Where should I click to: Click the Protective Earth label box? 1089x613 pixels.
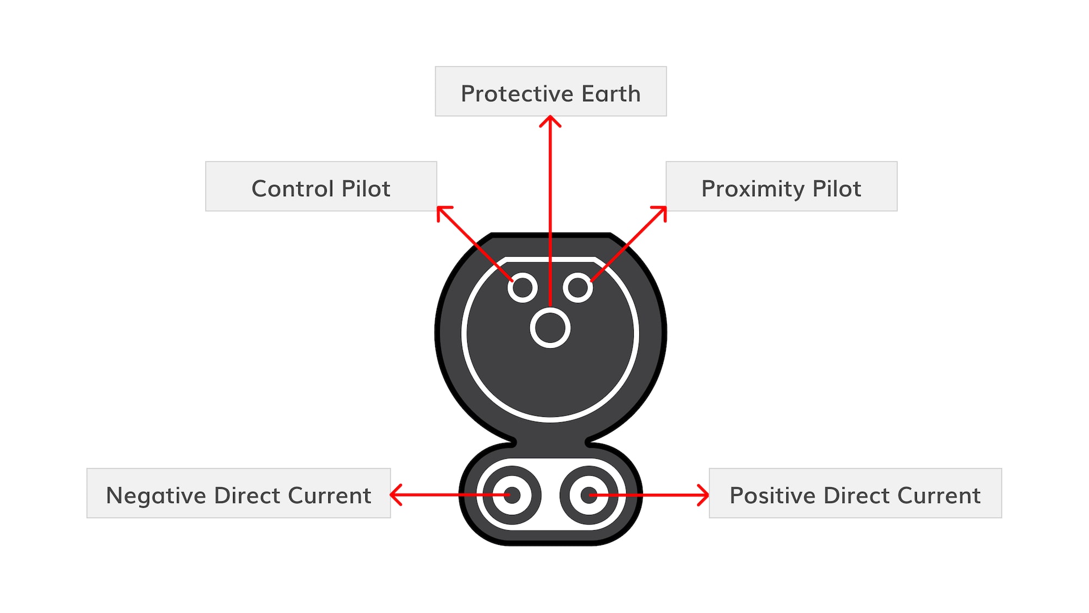pos(550,91)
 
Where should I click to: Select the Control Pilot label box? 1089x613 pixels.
pos(321,186)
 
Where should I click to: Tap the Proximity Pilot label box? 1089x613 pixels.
pos(781,186)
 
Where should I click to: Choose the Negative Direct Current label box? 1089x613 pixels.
pos(238,493)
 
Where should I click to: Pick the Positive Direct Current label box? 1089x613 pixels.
pos(855,493)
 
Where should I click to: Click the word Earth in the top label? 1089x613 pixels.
pos(611,94)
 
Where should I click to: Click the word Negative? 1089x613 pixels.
pos(156,496)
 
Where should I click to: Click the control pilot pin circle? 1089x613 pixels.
pos(523,287)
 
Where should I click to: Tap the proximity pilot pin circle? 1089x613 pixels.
pos(578,287)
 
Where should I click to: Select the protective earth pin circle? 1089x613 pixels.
pos(550,327)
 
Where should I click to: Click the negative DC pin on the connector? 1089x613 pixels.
pos(512,495)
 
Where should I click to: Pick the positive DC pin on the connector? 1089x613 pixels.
pos(589,495)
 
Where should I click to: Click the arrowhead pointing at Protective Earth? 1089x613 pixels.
pos(550,121)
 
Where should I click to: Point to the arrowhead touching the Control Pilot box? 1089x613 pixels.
pos(443,213)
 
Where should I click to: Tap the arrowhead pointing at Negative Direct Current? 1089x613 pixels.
pos(396,495)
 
